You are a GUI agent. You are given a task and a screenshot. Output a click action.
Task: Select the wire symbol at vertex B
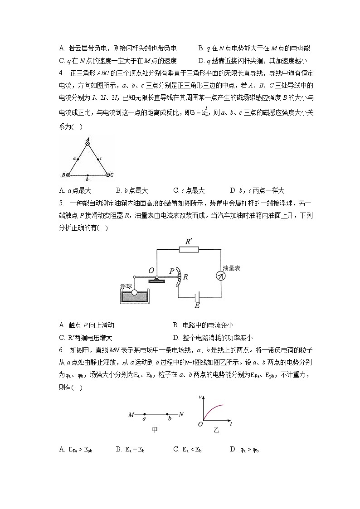coord(68,175)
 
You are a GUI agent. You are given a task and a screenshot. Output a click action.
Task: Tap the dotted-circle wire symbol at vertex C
coord(107,174)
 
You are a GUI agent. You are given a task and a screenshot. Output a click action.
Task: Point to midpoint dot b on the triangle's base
coord(88,175)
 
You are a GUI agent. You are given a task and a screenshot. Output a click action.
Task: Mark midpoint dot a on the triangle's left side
coord(78,159)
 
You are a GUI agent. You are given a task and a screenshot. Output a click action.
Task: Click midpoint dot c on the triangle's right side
coord(98,159)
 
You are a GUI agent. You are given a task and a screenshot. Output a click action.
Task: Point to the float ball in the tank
coord(135,293)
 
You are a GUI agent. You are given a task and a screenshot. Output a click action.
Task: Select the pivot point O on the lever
coord(156,277)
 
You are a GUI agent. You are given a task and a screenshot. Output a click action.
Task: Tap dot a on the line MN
coord(144,414)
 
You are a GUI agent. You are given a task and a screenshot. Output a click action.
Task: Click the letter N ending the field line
coord(181,414)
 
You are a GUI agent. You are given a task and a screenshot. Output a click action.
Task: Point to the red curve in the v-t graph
coord(213,409)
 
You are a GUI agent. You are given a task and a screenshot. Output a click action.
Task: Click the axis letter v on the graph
coord(200,397)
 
